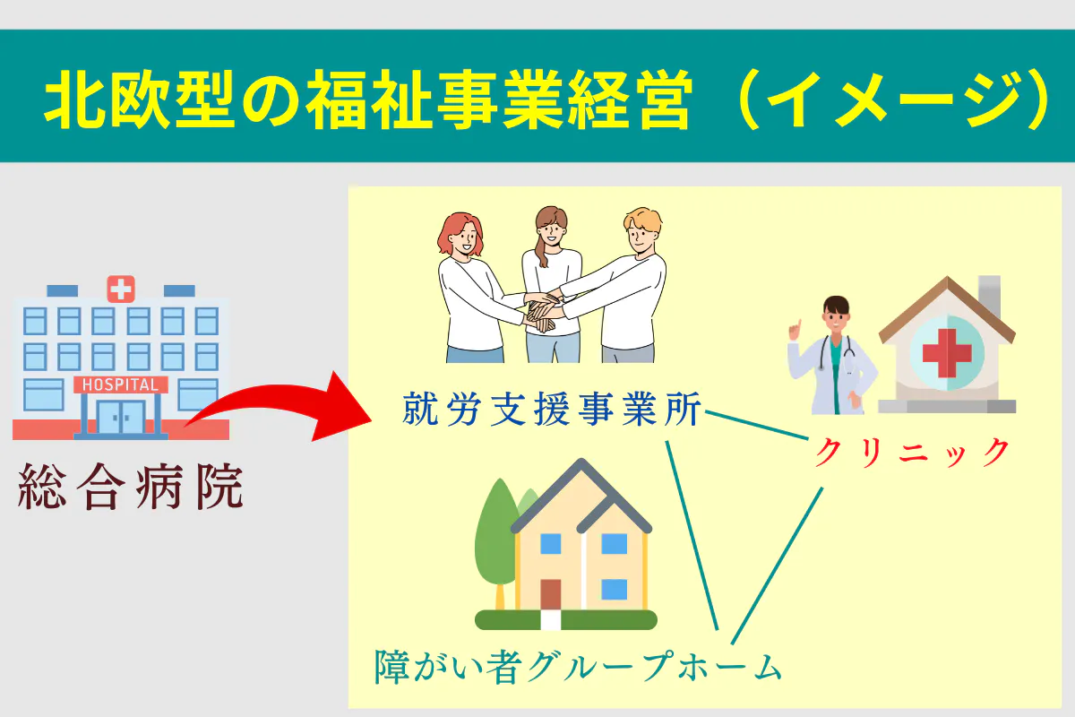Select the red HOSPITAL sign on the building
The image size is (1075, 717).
tap(121, 384)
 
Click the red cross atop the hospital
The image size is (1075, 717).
tap(120, 288)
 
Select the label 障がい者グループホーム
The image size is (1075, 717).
tap(578, 665)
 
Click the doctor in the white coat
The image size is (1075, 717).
tap(829, 358)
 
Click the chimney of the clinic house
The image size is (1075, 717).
tap(989, 296)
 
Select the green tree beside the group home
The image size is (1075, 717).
tap(494, 538)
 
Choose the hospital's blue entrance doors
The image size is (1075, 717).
tap(120, 417)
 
